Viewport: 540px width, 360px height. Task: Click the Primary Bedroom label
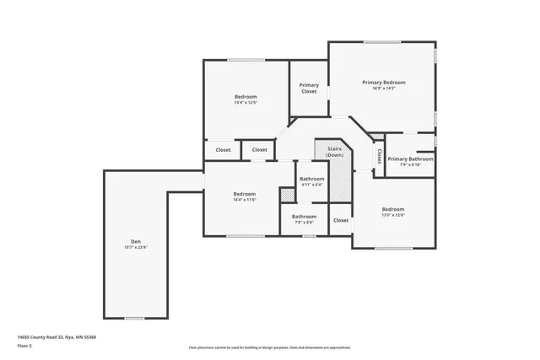point(384,83)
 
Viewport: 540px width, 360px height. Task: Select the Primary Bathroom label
point(410,159)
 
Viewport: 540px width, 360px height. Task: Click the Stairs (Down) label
point(335,152)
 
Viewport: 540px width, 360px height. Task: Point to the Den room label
point(136,241)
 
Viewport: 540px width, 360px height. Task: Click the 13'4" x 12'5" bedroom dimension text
point(246,103)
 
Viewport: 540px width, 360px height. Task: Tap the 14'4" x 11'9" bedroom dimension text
point(244,200)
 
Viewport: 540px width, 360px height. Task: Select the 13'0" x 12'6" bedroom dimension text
point(393,215)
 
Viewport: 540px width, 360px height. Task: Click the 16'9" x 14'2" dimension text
point(384,89)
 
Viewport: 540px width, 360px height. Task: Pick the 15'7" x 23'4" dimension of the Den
point(136,247)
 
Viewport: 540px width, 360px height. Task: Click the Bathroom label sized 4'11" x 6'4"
point(311,179)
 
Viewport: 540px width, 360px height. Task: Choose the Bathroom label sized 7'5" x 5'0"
point(304,216)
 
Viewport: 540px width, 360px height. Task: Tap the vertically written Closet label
point(379,156)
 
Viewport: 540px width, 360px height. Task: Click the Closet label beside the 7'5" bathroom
point(341,220)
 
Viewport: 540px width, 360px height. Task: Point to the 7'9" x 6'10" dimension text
point(410,164)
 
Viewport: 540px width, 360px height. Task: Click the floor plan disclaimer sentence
point(270,347)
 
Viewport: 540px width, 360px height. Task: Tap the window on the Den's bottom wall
point(134,318)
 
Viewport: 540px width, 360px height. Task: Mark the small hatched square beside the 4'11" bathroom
point(288,195)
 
